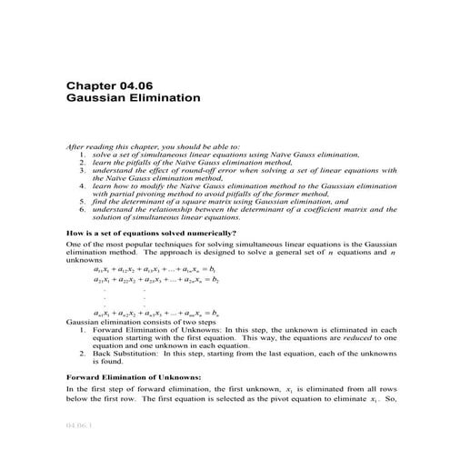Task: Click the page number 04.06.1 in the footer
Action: (x=80, y=425)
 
